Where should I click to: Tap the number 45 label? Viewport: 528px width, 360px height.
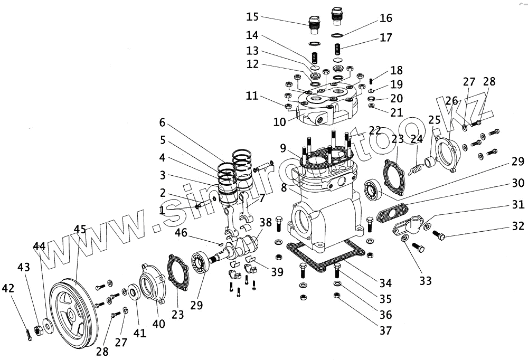pyautogui.click(x=80, y=229)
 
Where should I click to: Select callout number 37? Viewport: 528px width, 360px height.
pyautogui.click(x=385, y=330)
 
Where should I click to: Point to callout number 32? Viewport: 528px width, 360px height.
pyautogui.click(x=517, y=226)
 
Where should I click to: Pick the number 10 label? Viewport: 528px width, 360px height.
pyautogui.click(x=279, y=121)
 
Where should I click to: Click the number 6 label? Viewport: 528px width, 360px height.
pyautogui.click(x=163, y=122)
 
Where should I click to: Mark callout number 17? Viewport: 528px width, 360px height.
pyautogui.click(x=386, y=37)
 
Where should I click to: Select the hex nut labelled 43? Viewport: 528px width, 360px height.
pyautogui.click(x=37, y=331)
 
